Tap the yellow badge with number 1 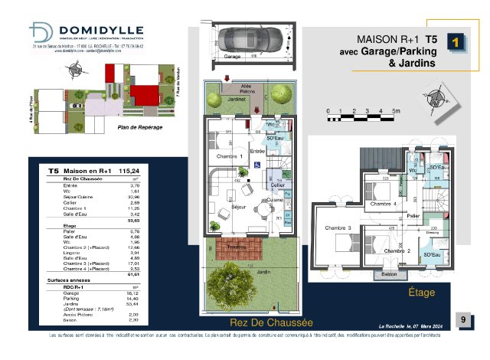tap(456, 43)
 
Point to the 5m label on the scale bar tap(396, 112)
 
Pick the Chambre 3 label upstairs tap(337, 228)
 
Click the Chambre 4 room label tap(383, 204)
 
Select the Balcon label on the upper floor tap(389, 273)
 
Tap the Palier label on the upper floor tap(413, 217)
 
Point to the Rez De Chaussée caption tap(262, 322)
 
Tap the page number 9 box tap(462, 319)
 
